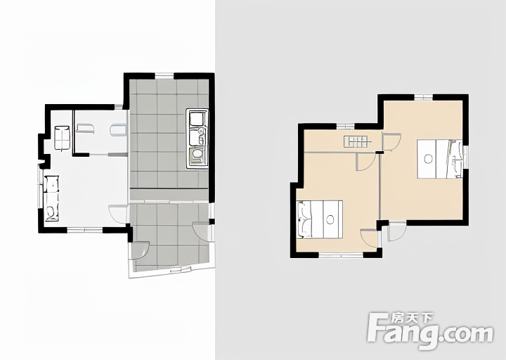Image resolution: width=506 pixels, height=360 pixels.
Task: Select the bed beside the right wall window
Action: [439, 159]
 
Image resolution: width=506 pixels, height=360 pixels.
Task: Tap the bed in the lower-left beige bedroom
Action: [320, 219]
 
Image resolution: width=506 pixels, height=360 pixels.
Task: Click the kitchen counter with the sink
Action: [197, 139]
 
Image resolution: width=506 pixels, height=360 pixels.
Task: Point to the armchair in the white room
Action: [62, 138]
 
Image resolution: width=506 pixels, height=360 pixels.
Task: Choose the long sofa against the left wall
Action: [51, 198]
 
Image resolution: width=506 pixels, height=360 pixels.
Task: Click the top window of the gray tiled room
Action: [164, 75]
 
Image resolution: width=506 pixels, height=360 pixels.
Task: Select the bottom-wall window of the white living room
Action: [85, 230]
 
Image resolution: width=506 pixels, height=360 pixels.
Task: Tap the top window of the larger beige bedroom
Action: [423, 97]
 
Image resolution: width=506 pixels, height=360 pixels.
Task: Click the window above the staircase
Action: [346, 127]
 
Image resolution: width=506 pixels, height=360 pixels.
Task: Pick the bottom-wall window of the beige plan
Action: [341, 255]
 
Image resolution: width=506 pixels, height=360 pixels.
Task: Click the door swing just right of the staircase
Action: [391, 142]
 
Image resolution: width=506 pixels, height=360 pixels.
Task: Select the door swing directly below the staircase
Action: [366, 162]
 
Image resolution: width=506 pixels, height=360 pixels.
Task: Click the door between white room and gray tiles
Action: [119, 214]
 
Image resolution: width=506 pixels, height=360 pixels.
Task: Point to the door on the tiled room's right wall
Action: [203, 231]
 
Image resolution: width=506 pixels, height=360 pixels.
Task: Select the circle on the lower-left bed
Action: [330, 219]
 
